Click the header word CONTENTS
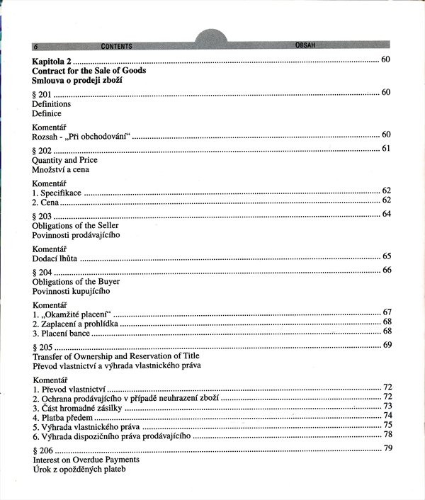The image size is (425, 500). coord(117,46)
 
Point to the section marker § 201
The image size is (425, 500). coord(42,93)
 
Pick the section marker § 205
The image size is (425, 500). coord(42,346)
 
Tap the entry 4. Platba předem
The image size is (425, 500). coord(62,418)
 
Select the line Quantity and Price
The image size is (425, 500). coord(64,160)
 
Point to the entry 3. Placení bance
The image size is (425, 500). coord(62,333)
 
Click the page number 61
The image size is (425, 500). coord(387,148)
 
